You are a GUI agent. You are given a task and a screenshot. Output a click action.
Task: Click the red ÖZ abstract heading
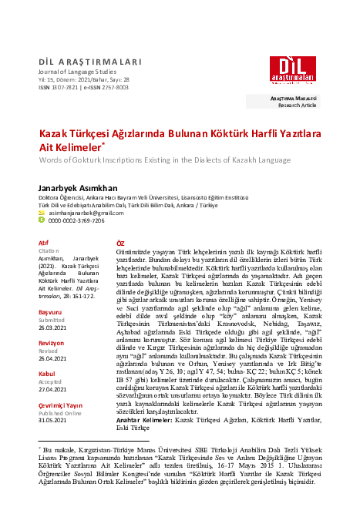(x=119, y=242)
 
